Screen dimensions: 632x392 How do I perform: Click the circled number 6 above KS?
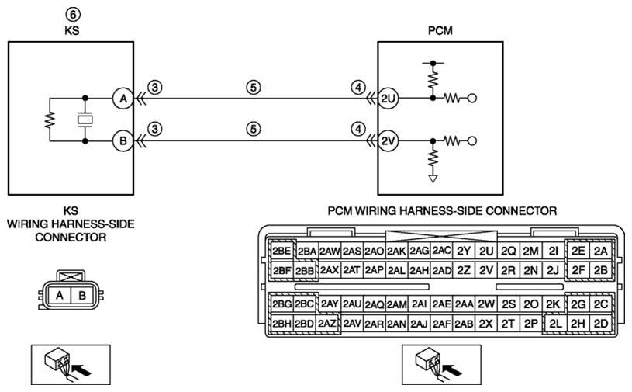[x=73, y=15]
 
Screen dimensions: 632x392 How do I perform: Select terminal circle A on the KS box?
[x=123, y=98]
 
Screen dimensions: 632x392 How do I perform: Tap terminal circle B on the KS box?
[x=123, y=140]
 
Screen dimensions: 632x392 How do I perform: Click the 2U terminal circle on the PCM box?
[x=388, y=98]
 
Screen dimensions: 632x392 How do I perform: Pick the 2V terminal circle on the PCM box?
[x=388, y=140]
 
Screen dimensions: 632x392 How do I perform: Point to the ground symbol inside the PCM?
[x=433, y=179]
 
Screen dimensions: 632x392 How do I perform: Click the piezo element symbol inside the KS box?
[x=85, y=120]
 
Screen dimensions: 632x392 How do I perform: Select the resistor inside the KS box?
[x=50, y=120]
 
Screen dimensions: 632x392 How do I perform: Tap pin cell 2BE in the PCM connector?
[x=281, y=252]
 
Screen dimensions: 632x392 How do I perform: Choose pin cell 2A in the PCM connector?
[x=600, y=252]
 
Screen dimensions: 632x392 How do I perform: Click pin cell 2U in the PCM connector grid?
[x=486, y=252]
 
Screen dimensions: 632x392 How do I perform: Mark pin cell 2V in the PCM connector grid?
[x=486, y=270]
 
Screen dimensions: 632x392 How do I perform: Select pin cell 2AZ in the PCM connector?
[x=327, y=324]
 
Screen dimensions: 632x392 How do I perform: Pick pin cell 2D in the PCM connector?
[x=600, y=324]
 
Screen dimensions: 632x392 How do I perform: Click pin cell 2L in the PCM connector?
[x=555, y=324]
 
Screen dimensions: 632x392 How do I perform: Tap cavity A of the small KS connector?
[x=59, y=295]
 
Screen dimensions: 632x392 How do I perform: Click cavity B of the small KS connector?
[x=82, y=295]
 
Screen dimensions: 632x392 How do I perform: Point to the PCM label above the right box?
[x=440, y=30]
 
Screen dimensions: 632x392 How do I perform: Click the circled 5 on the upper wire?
[x=253, y=87]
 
